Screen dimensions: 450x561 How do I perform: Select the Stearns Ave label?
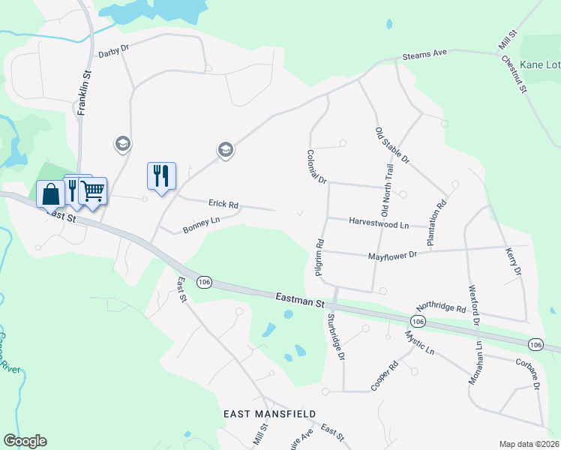tap(424, 55)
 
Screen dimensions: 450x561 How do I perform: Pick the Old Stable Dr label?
tap(392, 145)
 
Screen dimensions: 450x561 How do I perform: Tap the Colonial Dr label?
tap(317, 166)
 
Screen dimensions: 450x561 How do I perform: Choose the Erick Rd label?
tap(223, 204)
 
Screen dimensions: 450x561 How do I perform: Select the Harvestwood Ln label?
tap(379, 223)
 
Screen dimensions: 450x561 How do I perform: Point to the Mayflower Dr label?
tap(392, 256)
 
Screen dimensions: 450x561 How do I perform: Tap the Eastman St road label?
tap(299, 301)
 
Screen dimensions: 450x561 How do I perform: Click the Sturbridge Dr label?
tap(334, 336)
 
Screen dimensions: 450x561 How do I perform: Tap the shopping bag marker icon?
tap(50, 194)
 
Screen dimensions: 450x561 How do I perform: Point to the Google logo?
tap(25, 441)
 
